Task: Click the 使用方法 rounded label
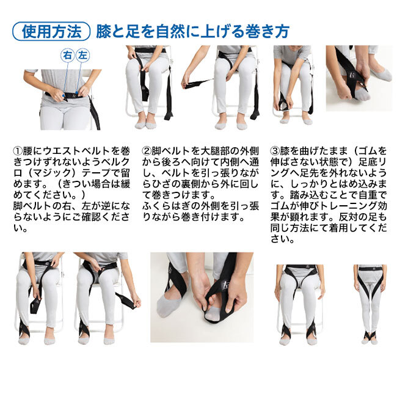tap(51, 31)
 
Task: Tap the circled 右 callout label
tap(67, 55)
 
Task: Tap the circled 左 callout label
tap(82, 55)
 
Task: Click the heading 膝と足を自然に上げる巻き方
tap(192, 31)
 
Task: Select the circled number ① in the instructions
tap(18, 151)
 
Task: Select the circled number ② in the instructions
tap(147, 151)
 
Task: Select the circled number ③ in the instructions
tap(275, 151)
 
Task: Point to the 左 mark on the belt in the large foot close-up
tap(224, 285)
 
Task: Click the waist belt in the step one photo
tap(68, 95)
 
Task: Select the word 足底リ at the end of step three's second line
tap(373, 162)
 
